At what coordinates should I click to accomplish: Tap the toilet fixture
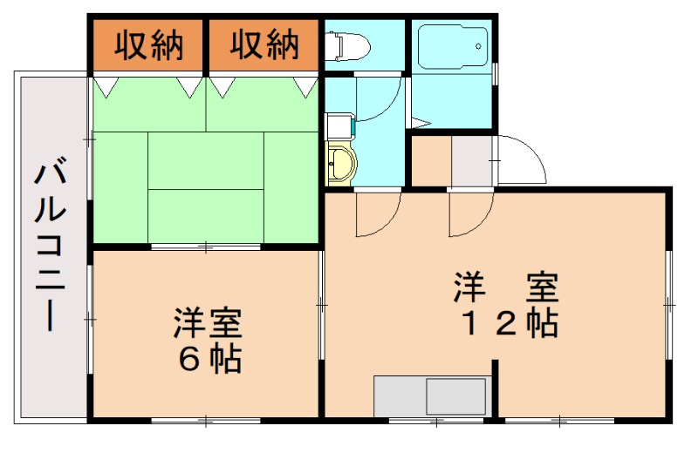pos(346,44)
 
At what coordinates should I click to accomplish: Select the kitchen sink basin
pos(455,396)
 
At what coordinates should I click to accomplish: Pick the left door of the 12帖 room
pos(378,214)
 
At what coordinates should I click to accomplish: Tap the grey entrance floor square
pos(472,161)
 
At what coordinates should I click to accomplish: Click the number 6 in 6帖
pos(188,358)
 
